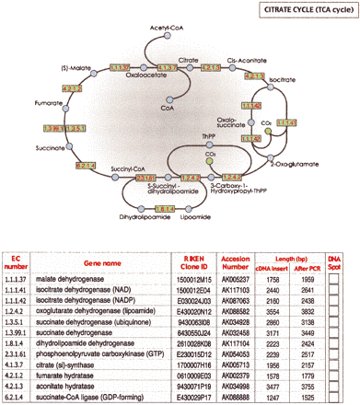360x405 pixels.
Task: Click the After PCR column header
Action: click(308, 267)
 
